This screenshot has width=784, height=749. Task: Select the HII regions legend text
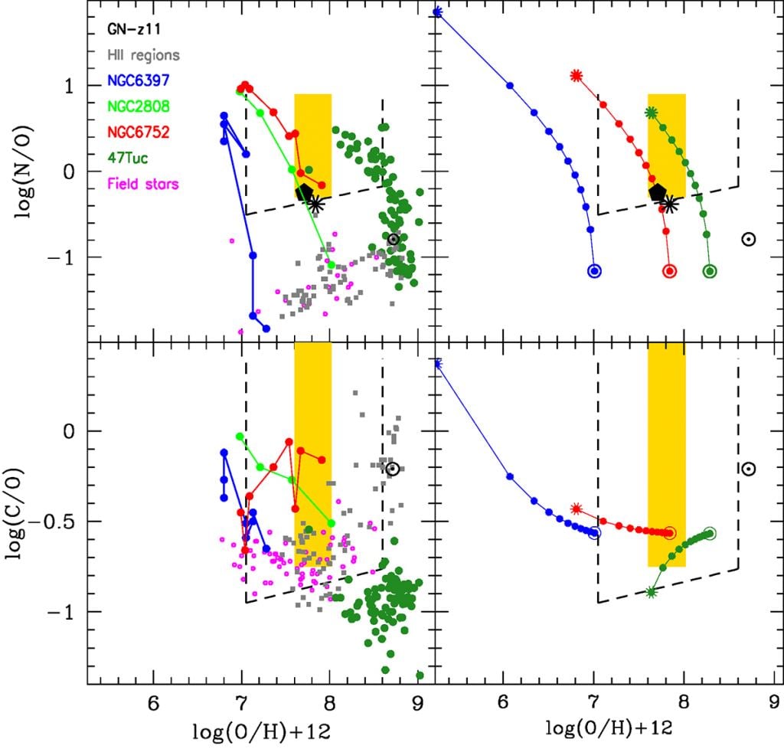pyautogui.click(x=144, y=55)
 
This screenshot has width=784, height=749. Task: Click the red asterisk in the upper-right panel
pyautogui.click(x=577, y=75)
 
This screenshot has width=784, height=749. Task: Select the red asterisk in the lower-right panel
pyautogui.click(x=577, y=509)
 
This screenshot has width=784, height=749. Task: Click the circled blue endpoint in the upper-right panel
pyautogui.click(x=594, y=270)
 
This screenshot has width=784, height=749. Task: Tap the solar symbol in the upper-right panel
pyautogui.click(x=749, y=239)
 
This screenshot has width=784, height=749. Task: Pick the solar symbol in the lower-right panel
pyautogui.click(x=749, y=469)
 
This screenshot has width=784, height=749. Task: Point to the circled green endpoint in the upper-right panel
pyautogui.click(x=710, y=270)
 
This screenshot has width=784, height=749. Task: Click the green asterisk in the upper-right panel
pyautogui.click(x=651, y=113)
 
